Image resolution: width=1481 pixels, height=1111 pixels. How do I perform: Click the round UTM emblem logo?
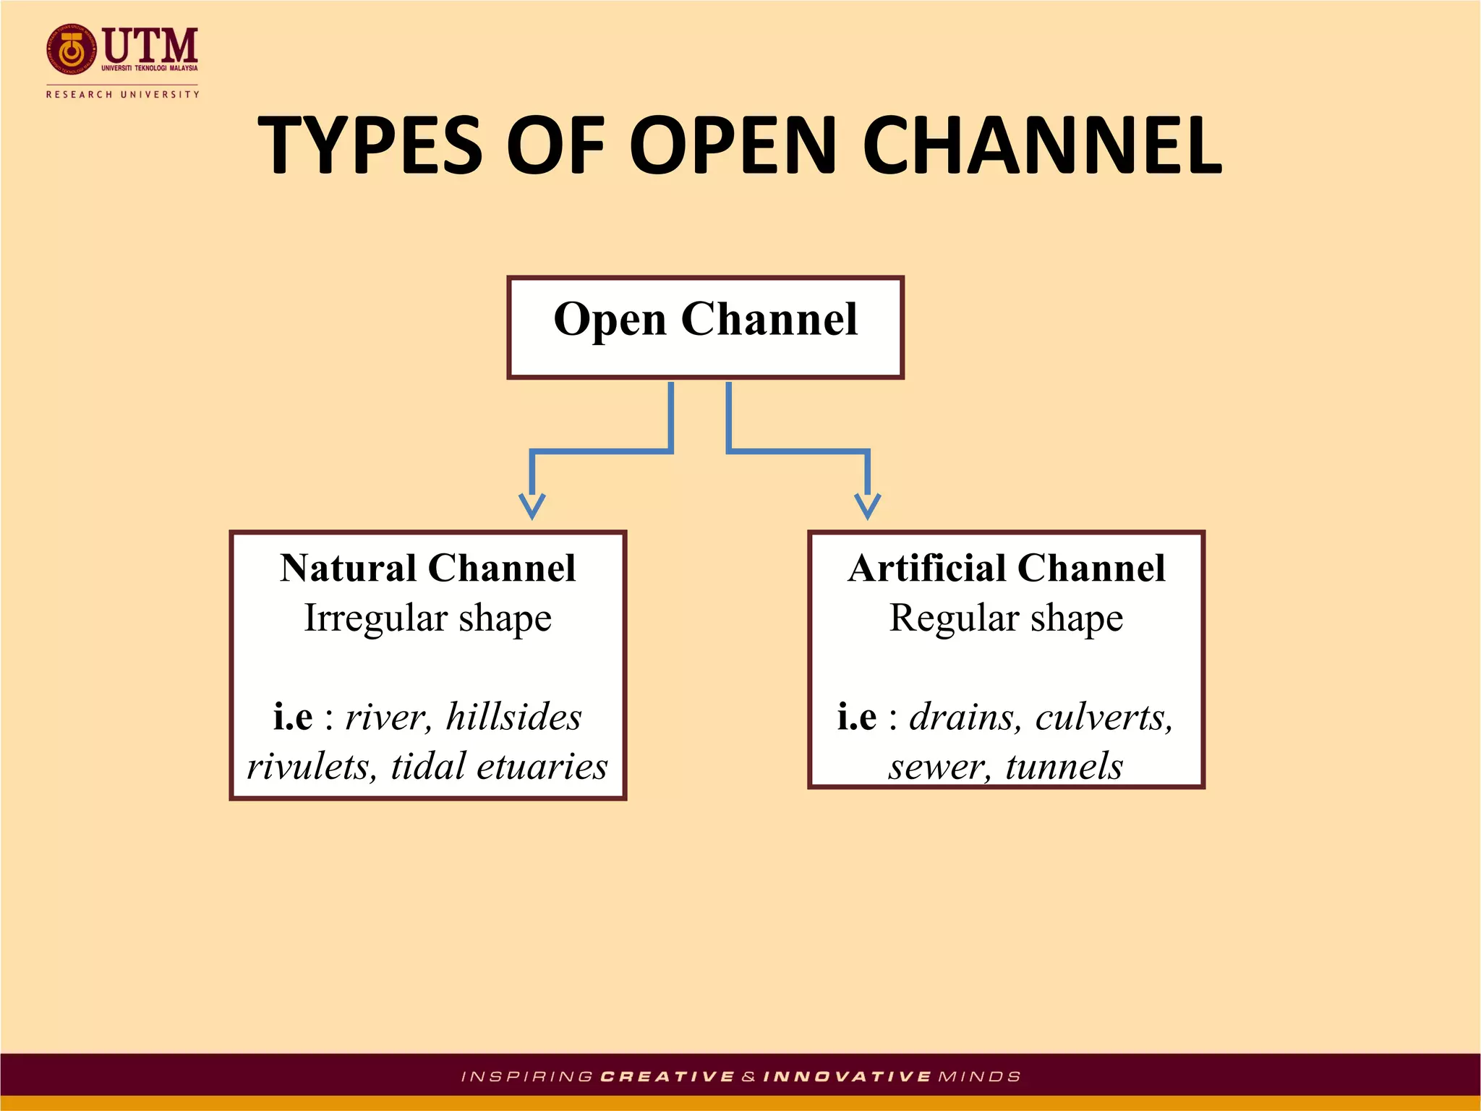point(71,49)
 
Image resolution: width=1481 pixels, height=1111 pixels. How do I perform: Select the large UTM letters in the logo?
point(150,45)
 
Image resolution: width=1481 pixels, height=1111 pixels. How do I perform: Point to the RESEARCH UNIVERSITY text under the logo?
point(122,94)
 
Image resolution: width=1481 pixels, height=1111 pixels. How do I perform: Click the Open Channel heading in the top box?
point(705,319)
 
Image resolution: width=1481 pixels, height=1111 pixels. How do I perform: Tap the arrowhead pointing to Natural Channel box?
point(532,506)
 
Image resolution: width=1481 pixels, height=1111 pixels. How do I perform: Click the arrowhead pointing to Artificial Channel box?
point(867,506)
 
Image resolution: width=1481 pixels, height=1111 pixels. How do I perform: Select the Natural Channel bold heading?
point(427,568)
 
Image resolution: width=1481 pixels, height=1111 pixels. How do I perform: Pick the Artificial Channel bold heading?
point(1006,568)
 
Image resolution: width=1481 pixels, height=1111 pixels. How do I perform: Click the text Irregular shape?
point(427,618)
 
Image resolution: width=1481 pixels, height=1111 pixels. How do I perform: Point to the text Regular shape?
point(1006,618)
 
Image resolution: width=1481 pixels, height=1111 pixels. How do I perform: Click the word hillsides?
point(513,717)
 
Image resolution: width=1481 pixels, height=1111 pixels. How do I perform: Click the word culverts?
point(1104,717)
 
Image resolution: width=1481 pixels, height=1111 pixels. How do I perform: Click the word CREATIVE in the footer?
point(667,1077)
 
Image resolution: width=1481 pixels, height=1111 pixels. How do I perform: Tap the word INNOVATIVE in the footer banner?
point(847,1077)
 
